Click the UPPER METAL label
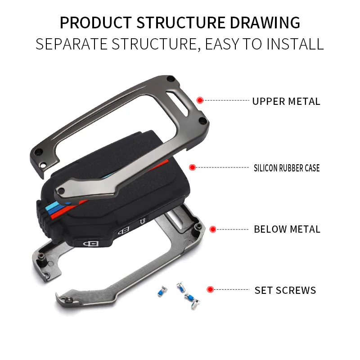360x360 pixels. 286,101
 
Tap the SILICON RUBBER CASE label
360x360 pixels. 287,168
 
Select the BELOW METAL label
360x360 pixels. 287,229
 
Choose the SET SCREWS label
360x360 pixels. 285,290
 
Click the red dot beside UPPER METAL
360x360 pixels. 200,100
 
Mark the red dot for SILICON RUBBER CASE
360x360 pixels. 192,167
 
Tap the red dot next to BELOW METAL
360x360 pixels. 213,229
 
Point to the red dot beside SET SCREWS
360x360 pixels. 210,289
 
